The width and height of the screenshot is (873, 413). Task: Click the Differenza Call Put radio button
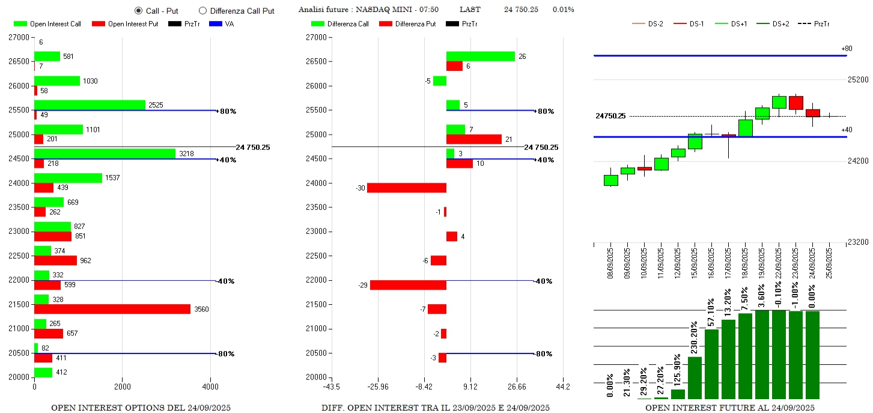click(202, 10)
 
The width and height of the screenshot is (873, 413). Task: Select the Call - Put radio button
click(139, 10)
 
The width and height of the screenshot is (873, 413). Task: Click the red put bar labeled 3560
click(112, 309)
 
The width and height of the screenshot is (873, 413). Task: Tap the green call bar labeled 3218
click(105, 154)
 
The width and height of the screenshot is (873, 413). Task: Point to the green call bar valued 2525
click(90, 105)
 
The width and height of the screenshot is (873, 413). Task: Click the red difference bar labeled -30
click(407, 188)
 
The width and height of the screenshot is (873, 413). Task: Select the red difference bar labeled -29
click(408, 285)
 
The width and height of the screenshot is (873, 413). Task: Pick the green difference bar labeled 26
click(480, 57)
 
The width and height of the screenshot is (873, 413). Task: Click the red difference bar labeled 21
click(473, 139)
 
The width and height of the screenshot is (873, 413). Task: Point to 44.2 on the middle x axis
click(562, 387)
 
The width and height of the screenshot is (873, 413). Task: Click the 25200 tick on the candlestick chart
click(857, 80)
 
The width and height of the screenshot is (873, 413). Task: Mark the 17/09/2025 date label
click(728, 260)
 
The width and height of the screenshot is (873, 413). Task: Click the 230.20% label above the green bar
click(695, 337)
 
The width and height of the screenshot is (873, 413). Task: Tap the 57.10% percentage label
click(711, 313)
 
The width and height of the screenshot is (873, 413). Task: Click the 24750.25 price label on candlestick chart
click(610, 116)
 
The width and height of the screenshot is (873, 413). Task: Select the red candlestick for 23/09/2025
click(795, 103)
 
